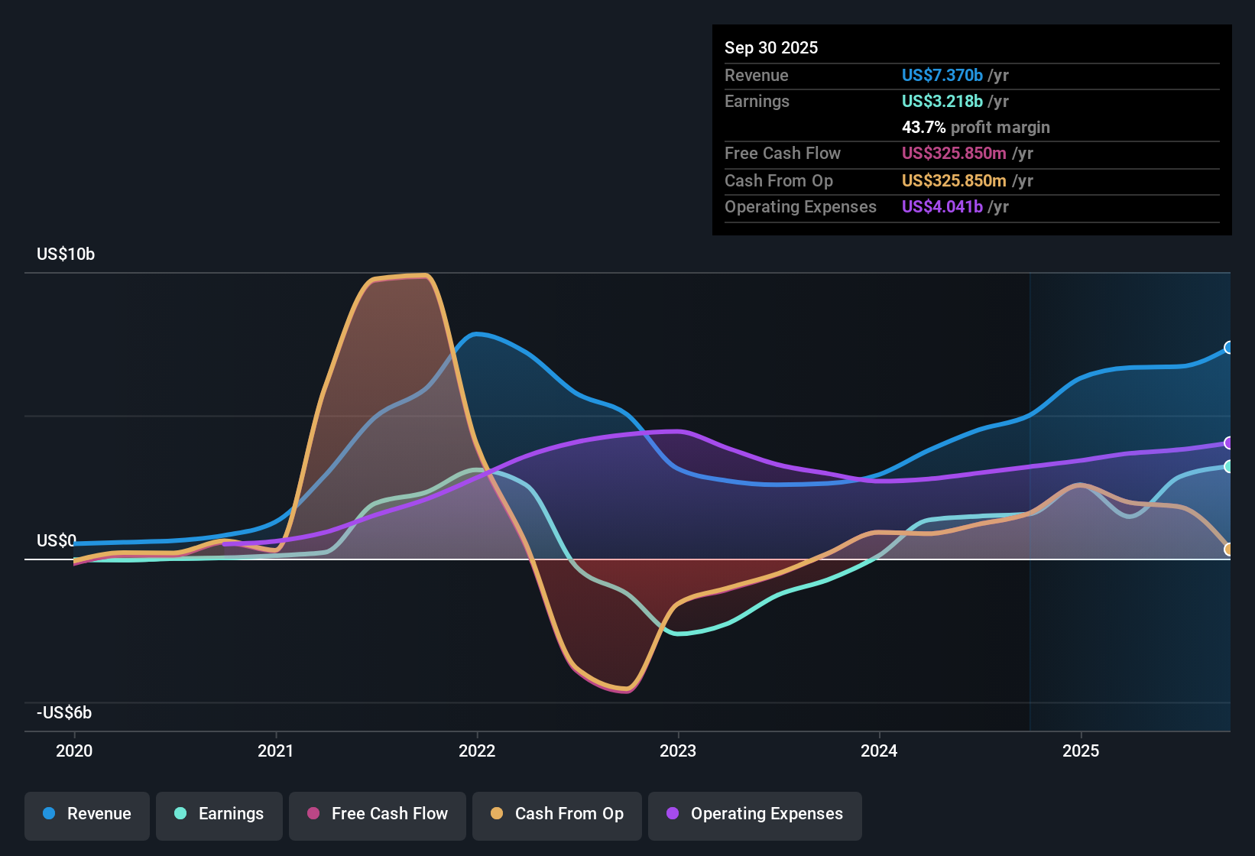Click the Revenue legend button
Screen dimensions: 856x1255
87,814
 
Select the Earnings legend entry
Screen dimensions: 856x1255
219,814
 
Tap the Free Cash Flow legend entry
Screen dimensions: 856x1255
378,814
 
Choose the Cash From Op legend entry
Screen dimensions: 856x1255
557,814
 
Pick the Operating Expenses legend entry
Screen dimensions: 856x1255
755,814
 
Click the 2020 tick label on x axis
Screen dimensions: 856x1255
74,751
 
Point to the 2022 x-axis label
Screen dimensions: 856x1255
477,751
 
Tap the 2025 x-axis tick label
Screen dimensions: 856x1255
1081,751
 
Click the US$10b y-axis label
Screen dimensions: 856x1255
66,255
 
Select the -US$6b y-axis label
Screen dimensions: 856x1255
64,713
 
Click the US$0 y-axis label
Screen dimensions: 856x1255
56,541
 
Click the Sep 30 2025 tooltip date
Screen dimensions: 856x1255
771,48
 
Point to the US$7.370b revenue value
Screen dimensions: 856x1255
942,76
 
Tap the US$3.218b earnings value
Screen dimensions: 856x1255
942,102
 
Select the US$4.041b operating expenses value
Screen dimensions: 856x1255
942,207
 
